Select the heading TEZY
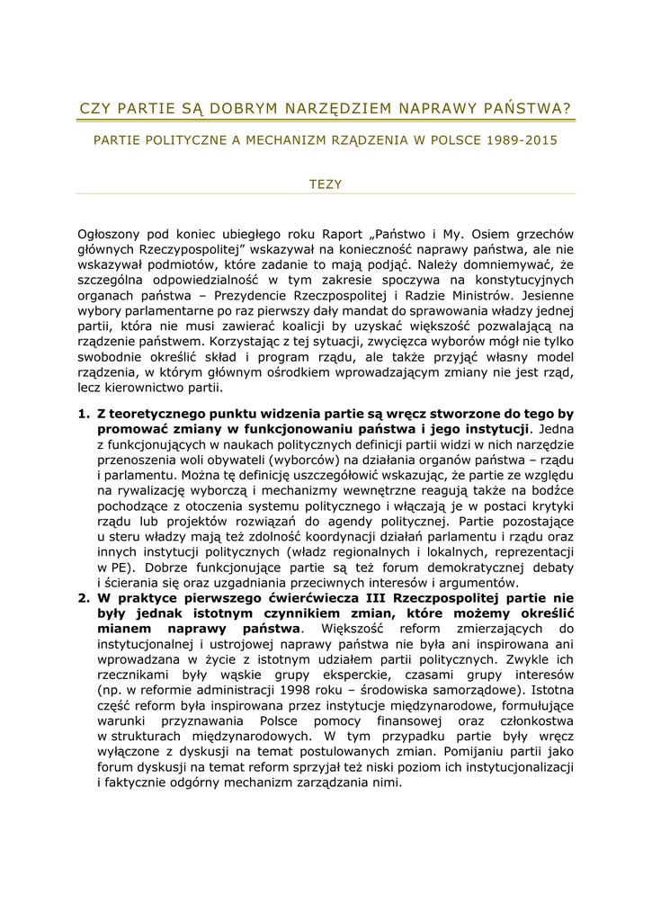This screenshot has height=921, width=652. click(326, 183)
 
